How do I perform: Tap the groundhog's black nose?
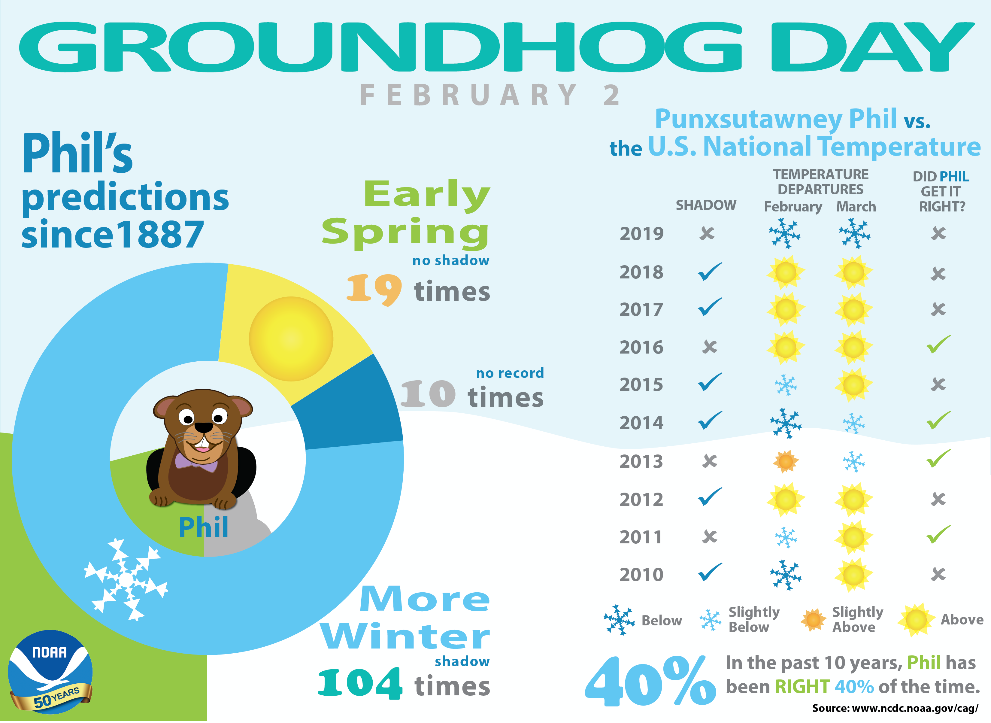click(203, 427)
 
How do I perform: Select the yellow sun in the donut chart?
click(291, 339)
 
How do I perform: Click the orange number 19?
click(374, 290)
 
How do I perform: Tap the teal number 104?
click(360, 684)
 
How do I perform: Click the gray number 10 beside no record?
click(428, 394)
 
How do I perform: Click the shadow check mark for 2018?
click(710, 272)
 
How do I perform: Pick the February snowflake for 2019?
click(785, 233)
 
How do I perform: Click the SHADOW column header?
click(706, 205)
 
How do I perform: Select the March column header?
click(856, 207)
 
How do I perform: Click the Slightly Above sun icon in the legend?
click(813, 620)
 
